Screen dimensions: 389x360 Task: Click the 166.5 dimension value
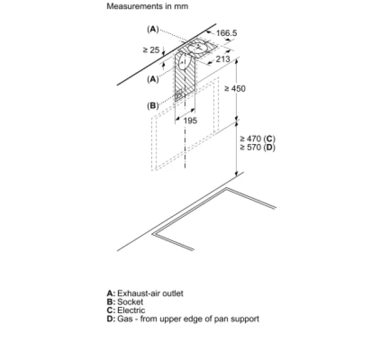pos(227,33)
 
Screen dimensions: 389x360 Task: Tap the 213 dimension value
pos(223,59)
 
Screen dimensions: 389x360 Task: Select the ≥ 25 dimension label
pos(151,50)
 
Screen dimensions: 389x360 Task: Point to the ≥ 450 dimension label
pos(235,89)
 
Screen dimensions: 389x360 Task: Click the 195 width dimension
pos(190,121)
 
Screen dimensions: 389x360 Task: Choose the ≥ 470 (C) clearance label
pos(257,138)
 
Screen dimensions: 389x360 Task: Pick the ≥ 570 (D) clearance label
pos(257,147)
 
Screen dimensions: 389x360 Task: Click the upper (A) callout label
pos(153,29)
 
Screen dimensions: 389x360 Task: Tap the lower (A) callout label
pos(153,79)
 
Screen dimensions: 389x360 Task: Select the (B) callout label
pos(153,106)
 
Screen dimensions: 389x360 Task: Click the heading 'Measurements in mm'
pos(148,6)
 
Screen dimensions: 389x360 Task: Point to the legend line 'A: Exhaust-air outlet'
pos(145,293)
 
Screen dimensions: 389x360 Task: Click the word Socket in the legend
pos(130,302)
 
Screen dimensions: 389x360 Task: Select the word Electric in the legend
pos(131,310)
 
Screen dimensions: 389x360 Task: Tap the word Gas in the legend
pos(125,319)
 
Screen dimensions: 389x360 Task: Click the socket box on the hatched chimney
pos(179,95)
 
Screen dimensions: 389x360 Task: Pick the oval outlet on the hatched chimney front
pos(185,62)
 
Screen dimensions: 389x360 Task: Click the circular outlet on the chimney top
pos(199,47)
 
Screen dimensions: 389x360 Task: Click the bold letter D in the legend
pos(110,319)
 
